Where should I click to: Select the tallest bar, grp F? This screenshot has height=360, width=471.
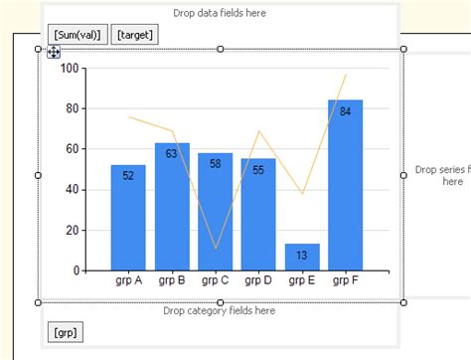(345, 189)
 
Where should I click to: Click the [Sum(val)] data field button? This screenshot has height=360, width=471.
(78, 36)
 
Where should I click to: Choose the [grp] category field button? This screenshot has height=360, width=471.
(65, 331)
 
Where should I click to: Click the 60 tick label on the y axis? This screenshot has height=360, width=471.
(73, 149)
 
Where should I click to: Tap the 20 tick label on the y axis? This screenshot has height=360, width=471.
(73, 230)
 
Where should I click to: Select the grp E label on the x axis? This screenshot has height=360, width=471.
(302, 280)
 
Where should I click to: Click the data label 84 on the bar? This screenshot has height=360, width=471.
(345, 111)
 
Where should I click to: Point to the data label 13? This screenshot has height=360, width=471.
(302, 256)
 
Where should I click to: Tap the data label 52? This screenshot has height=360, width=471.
(128, 176)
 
